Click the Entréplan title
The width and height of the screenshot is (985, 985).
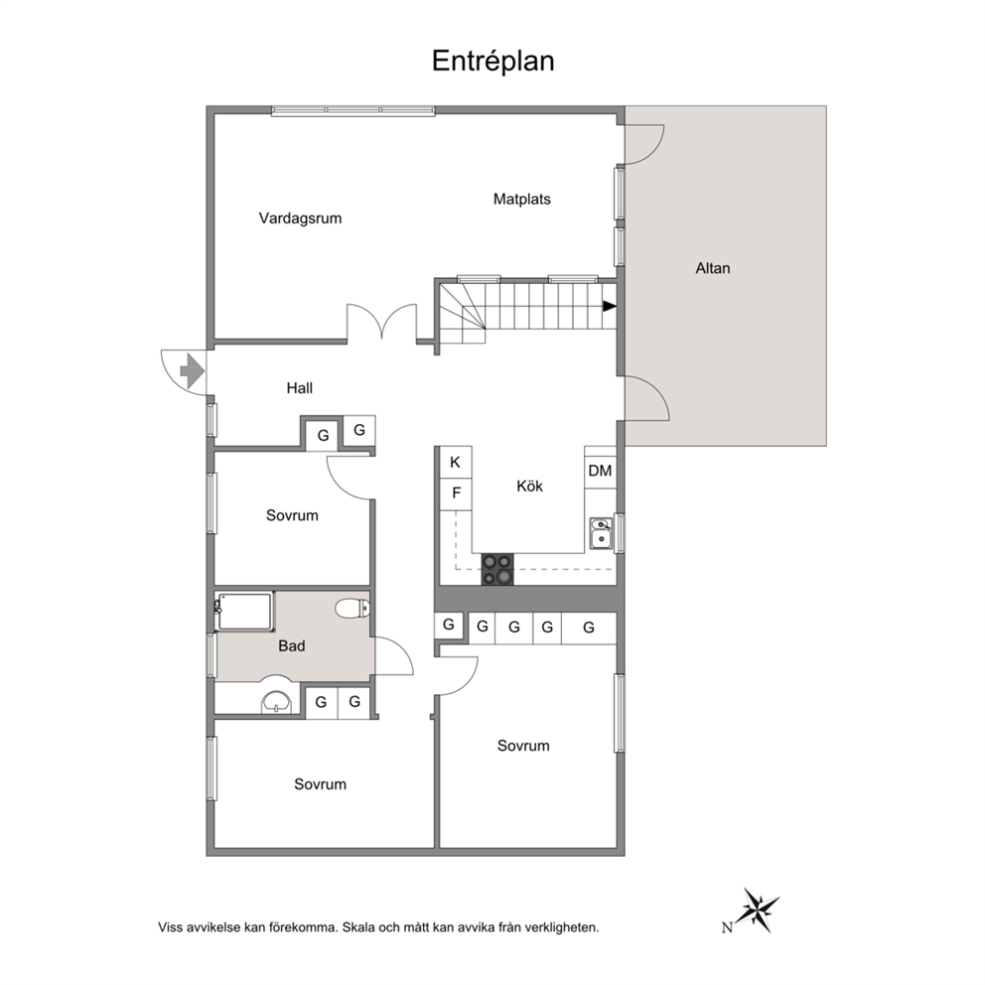pyautogui.click(x=493, y=62)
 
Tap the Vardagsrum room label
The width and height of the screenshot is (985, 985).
pyautogui.click(x=300, y=218)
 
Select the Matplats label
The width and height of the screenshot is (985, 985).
pyautogui.click(x=522, y=200)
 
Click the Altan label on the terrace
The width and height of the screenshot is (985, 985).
pyautogui.click(x=713, y=268)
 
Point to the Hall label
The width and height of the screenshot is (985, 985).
pyautogui.click(x=300, y=388)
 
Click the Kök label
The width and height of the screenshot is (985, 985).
pyautogui.click(x=529, y=486)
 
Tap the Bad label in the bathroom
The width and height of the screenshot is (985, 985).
pyautogui.click(x=292, y=645)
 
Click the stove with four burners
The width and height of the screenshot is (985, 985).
pyautogui.click(x=497, y=570)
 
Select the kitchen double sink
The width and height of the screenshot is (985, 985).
pyautogui.click(x=601, y=533)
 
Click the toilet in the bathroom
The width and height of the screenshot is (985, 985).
pyautogui.click(x=352, y=608)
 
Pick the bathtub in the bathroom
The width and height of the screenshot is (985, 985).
pyautogui.click(x=244, y=611)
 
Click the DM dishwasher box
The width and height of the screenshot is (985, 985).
pyautogui.click(x=600, y=471)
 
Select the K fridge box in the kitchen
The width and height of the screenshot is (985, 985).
pyautogui.click(x=456, y=463)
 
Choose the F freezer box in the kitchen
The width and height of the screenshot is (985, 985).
pyautogui.click(x=456, y=493)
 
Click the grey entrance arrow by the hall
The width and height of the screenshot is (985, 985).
pyautogui.click(x=193, y=371)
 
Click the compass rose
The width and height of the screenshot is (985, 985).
pyautogui.click(x=759, y=909)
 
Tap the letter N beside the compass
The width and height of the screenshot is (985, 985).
pyautogui.click(x=727, y=927)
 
